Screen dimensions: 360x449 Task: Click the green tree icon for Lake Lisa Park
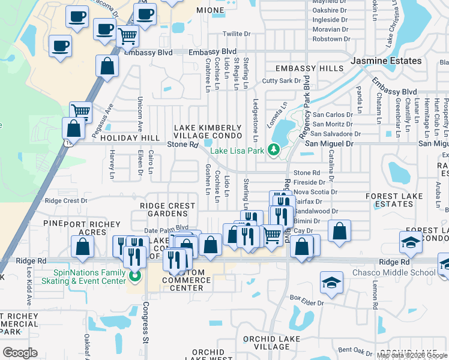point(274,149)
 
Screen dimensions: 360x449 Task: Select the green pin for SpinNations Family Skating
point(134,277)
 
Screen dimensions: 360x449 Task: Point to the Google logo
point(20,353)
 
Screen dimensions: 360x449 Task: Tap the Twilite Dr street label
point(236,34)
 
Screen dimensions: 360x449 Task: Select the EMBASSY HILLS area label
point(309,69)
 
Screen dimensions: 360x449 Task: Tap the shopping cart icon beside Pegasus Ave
point(80,111)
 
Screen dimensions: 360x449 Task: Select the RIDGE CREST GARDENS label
point(167,209)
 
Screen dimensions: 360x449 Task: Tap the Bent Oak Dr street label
point(355,350)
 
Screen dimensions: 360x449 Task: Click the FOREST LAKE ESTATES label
point(393,200)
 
